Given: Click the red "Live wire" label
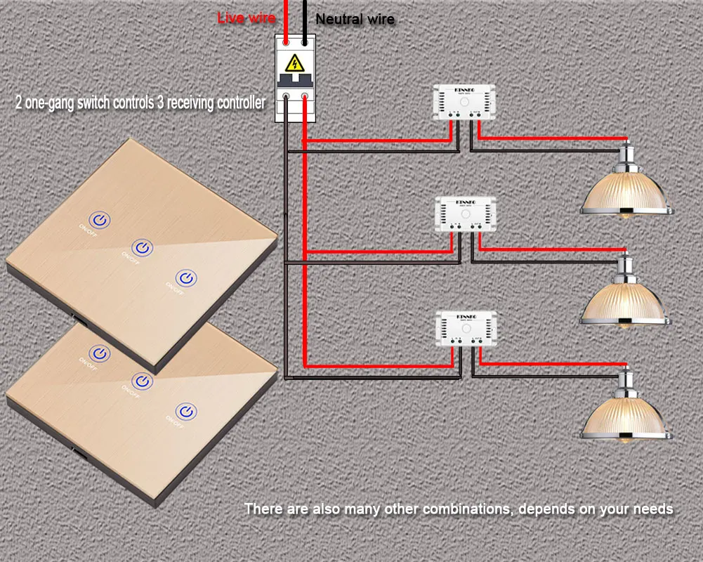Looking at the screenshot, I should [x=246, y=18].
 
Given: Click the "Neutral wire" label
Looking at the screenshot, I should [x=355, y=20].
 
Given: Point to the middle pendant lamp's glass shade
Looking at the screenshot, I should [x=624, y=302].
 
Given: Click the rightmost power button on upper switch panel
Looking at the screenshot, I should [x=186, y=277].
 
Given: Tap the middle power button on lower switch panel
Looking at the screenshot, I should [x=143, y=381].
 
